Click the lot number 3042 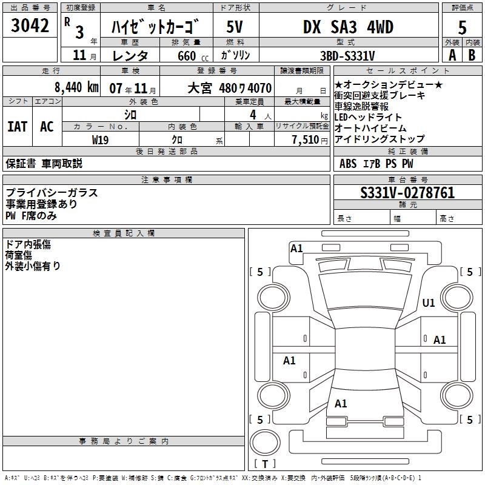click(x=30, y=25)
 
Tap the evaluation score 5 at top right click(x=463, y=27)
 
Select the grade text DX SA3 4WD click(x=348, y=27)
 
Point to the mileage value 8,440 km click(x=76, y=87)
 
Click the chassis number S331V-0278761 click(x=407, y=193)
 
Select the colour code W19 click(x=101, y=139)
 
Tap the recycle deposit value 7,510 click(x=305, y=139)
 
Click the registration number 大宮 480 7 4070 click(x=229, y=88)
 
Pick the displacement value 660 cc click(x=186, y=56)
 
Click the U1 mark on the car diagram click(x=429, y=303)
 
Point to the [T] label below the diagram click(x=265, y=464)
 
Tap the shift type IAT click(x=18, y=126)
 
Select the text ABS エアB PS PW click(x=376, y=163)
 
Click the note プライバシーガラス click(x=52, y=193)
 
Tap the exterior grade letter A click(x=452, y=55)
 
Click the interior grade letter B click(x=472, y=55)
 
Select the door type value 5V click(x=235, y=27)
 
